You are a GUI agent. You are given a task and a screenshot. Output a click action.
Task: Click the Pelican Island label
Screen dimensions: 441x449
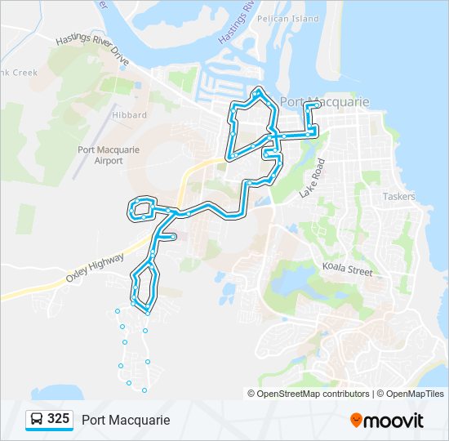click(x=276, y=18)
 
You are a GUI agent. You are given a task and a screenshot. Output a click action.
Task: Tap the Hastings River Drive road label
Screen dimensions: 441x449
click(x=92, y=51)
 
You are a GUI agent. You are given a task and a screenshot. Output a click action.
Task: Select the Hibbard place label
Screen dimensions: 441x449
click(x=131, y=115)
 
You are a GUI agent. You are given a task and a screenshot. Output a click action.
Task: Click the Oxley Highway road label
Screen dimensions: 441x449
click(x=95, y=269)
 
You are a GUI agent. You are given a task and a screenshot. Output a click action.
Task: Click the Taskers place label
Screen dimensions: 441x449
click(x=398, y=197)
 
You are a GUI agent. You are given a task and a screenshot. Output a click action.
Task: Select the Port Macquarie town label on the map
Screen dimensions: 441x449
click(x=325, y=102)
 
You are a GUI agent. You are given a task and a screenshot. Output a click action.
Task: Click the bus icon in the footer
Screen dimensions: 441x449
click(x=37, y=420)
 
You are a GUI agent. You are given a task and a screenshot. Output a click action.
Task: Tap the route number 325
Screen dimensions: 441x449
click(x=58, y=419)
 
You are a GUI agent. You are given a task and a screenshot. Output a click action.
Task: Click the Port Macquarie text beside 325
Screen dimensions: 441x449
click(x=126, y=420)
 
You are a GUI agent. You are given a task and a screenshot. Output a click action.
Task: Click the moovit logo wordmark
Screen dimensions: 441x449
click(x=393, y=421)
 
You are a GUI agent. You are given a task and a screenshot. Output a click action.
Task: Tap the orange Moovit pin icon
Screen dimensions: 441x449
click(x=356, y=420)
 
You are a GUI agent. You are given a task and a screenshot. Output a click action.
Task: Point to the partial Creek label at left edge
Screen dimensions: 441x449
click(x=20, y=73)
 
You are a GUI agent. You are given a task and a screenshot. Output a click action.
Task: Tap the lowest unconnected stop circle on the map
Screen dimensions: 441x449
click(x=144, y=390)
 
